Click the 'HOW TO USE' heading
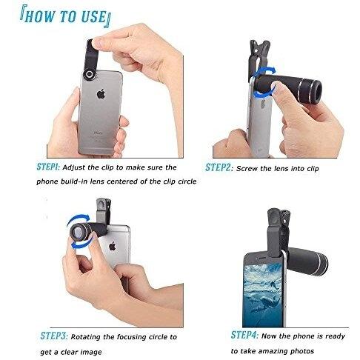pyautogui.click(x=65, y=17)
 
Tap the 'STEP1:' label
pyautogui.click(x=48, y=167)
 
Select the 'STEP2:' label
pyautogui.click(x=219, y=167)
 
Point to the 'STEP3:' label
pyautogui.click(x=54, y=336)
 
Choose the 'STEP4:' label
pyautogui.click(x=244, y=335)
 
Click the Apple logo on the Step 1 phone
pyautogui.click(x=101, y=94)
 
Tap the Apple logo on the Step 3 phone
pyautogui.click(x=113, y=246)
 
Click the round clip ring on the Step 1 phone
pyautogui.click(x=90, y=74)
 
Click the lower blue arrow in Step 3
pyautogui.click(x=81, y=243)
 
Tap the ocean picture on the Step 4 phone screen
pyautogui.click(x=262, y=295)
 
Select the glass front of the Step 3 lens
pyautogui.click(x=78, y=233)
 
